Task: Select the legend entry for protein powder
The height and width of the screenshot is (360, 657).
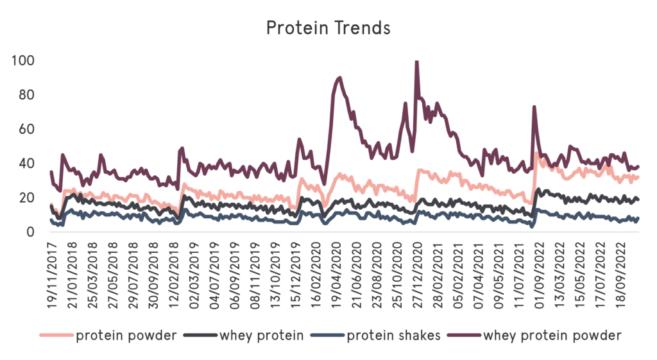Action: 126,335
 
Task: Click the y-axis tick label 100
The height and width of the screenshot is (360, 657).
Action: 22,62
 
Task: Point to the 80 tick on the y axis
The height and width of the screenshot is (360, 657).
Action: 24,96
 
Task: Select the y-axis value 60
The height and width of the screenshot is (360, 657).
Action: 24,130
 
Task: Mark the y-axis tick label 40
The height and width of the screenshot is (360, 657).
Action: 24,164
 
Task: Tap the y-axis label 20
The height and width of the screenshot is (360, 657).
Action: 24,198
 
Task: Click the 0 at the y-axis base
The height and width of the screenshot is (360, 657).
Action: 29,232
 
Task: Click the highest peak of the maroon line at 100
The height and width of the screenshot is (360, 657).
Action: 417,62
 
